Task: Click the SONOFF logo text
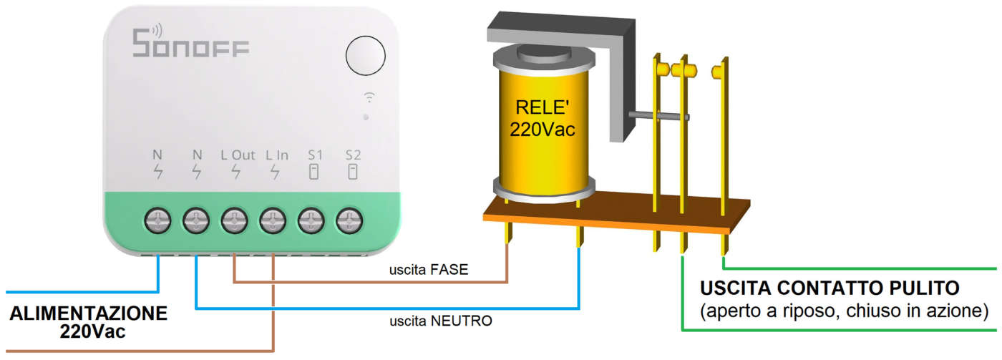click(190, 44)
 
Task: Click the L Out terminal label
click(237, 155)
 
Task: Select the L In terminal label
click(276, 155)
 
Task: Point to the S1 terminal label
click(314, 155)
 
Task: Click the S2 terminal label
click(352, 155)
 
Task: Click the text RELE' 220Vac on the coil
click(542, 120)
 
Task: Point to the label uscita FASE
click(429, 271)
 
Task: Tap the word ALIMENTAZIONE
click(89, 314)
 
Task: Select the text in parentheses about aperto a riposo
click(845, 311)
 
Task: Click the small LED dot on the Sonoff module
click(366, 116)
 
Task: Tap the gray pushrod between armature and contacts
click(656, 115)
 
